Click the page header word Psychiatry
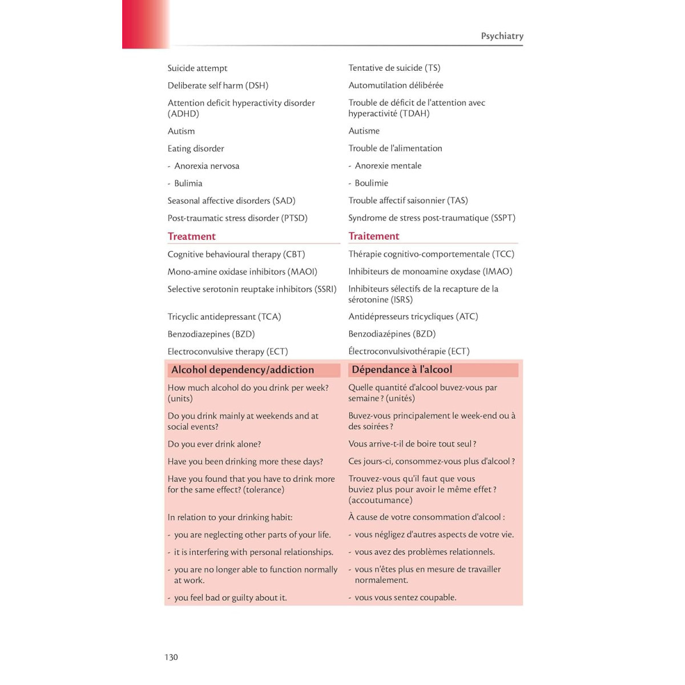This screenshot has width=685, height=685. [502, 36]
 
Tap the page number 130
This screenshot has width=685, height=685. [171, 657]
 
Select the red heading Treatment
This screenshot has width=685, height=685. [191, 236]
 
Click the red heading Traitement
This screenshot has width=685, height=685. [374, 236]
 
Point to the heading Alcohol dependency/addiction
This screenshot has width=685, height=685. [243, 370]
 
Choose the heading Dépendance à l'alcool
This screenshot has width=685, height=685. [402, 370]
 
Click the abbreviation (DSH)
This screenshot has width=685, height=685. [257, 86]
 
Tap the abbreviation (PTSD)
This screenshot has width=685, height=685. [295, 218]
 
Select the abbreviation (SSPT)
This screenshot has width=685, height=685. [503, 218]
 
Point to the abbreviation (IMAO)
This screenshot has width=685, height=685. [498, 272]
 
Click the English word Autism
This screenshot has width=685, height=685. [181, 131]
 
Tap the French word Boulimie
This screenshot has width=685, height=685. [371, 183]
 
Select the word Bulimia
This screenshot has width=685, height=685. [188, 183]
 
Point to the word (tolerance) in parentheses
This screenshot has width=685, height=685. [264, 490]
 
